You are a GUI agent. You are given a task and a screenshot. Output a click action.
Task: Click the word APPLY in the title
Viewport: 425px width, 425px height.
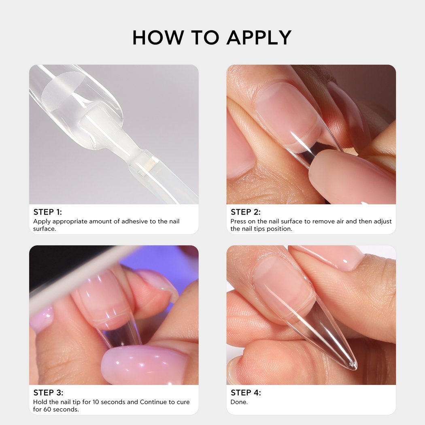(259, 37)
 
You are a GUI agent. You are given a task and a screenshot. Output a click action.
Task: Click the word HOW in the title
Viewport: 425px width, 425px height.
(158, 37)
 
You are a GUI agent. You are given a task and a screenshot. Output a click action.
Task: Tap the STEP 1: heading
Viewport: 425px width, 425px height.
(48, 212)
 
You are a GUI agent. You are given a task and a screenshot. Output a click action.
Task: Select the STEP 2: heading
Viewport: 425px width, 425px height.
(246, 212)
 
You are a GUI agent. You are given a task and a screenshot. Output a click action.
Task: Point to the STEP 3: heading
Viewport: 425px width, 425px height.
(48, 393)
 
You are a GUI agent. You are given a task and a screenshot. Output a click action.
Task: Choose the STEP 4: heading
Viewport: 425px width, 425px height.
(246, 393)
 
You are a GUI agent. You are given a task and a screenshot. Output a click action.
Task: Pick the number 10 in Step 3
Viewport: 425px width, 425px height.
(96, 402)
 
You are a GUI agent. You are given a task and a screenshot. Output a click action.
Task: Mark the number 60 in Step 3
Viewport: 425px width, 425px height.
(47, 409)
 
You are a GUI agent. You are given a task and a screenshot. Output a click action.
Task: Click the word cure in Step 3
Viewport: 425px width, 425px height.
(183, 402)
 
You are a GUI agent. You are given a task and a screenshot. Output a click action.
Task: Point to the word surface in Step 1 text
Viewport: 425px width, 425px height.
(45, 229)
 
